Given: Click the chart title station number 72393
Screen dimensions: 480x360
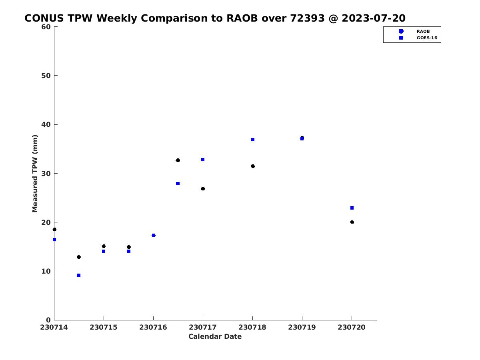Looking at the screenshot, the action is click(x=307, y=18).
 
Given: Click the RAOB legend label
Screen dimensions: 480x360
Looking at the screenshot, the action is click(x=423, y=32).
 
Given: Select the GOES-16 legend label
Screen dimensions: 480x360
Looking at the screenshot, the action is click(x=427, y=38).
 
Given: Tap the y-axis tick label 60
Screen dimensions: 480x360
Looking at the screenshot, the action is click(x=46, y=27).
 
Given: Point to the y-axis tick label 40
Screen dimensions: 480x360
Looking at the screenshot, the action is click(x=46, y=124).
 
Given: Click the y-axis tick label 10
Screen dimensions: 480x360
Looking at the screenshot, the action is click(x=46, y=271).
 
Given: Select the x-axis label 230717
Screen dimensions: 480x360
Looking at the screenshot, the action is click(x=203, y=327).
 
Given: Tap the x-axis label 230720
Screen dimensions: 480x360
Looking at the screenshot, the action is click(x=352, y=327).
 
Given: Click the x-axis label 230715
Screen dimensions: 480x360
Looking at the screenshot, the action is click(x=104, y=327).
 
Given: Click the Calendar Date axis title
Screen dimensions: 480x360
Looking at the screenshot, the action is click(x=215, y=336).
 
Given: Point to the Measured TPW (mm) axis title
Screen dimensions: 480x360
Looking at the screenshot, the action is click(x=35, y=173).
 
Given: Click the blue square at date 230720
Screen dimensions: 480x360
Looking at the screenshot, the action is click(x=352, y=208).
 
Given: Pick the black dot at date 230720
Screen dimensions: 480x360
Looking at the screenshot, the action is click(x=352, y=222).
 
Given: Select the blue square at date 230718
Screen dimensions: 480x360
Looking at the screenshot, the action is click(x=253, y=140).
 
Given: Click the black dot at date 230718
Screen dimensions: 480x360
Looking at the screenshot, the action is click(x=253, y=166).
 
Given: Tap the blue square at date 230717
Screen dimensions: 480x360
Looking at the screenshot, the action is click(x=203, y=160).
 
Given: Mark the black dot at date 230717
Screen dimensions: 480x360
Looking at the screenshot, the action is click(x=203, y=189).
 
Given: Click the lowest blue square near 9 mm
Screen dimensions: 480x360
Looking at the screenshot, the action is click(x=79, y=275).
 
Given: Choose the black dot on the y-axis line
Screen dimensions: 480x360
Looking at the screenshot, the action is click(x=54, y=230).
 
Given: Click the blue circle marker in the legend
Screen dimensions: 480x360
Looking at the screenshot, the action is click(x=401, y=32).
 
